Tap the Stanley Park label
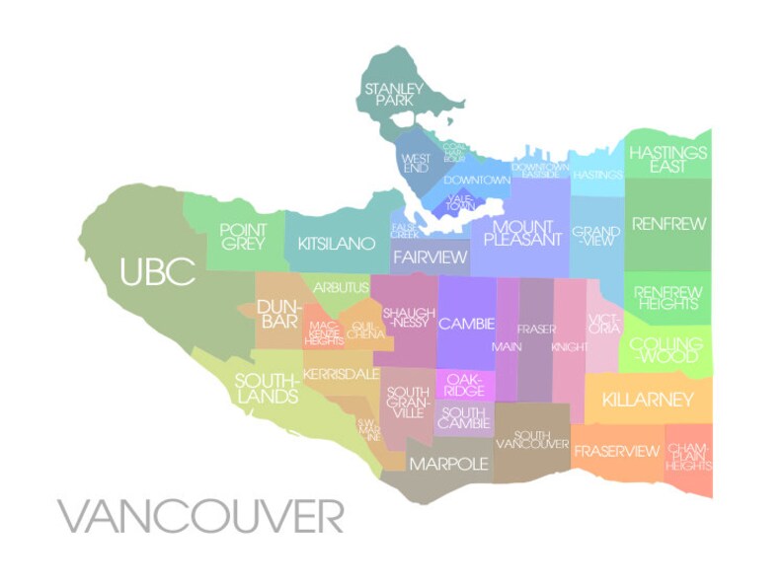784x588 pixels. (394, 95)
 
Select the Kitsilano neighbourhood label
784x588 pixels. (330, 243)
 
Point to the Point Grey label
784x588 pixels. (243, 237)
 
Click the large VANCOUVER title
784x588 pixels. (200, 515)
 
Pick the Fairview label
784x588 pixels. (430, 257)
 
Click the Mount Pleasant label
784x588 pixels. (521, 233)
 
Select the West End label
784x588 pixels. (416, 163)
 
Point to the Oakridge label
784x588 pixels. (464, 385)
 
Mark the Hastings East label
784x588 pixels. (668, 160)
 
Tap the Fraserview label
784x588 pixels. (616, 451)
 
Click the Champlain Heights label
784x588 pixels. (688, 456)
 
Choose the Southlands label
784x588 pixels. (266, 388)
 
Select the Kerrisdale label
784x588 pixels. (341, 375)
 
